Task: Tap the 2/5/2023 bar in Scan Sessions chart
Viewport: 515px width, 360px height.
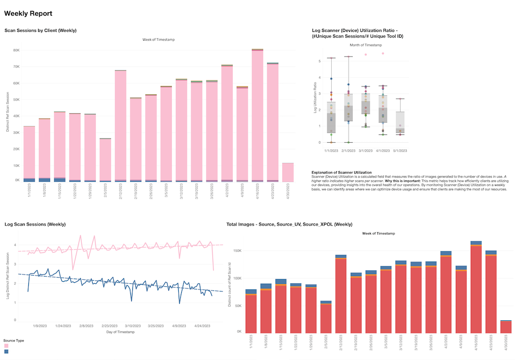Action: pyautogui.click(x=105, y=160)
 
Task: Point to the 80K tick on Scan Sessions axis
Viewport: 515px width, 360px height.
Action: pyautogui.click(x=16, y=50)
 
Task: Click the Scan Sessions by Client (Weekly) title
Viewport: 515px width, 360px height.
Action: pyautogui.click(x=40, y=30)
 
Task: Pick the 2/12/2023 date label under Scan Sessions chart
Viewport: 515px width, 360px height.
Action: pyautogui.click(x=121, y=193)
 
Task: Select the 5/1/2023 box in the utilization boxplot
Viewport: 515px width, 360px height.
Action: pyautogui.click(x=400, y=123)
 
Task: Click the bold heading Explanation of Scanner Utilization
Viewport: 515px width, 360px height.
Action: pyautogui.click(x=341, y=172)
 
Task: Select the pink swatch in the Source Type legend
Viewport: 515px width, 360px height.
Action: pyautogui.click(x=7, y=346)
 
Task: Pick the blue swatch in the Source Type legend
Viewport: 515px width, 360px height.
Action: pyautogui.click(x=7, y=352)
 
